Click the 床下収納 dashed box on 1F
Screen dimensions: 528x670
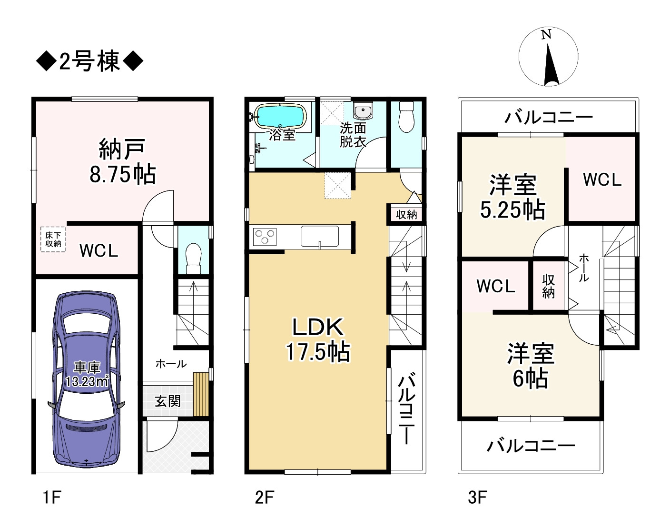point(53,239)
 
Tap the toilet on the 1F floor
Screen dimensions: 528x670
point(193,258)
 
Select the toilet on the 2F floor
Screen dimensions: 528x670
point(406,117)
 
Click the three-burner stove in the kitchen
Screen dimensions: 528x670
point(265,237)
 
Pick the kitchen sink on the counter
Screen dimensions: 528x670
point(320,237)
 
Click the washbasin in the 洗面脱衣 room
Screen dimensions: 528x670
point(364,111)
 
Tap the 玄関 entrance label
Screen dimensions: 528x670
point(167,401)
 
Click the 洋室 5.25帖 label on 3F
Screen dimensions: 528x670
point(512,197)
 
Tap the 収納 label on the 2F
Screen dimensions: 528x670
point(406,215)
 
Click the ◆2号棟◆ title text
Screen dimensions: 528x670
point(89,62)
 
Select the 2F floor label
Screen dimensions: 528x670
point(264,498)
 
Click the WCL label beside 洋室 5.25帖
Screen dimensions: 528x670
point(602,180)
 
